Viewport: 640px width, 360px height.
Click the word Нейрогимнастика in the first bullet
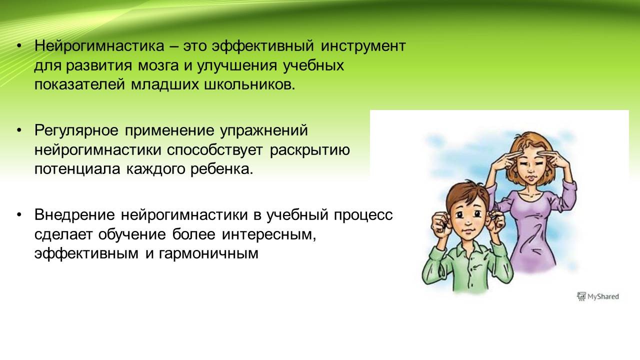click(x=99, y=46)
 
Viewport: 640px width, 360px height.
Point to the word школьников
click(x=248, y=85)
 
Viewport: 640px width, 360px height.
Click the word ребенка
click(x=221, y=169)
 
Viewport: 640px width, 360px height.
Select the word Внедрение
click(x=74, y=215)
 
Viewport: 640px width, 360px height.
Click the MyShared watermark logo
click(x=598, y=296)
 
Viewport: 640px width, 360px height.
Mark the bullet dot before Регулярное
click(x=19, y=130)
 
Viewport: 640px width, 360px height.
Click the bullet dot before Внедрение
click(x=19, y=215)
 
